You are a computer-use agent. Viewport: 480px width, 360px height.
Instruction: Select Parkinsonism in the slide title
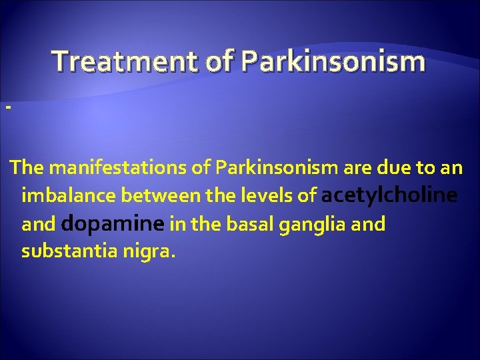(x=333, y=61)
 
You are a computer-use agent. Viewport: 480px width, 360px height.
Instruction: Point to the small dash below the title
(x=7, y=107)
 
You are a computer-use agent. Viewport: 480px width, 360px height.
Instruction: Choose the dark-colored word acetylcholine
(x=390, y=196)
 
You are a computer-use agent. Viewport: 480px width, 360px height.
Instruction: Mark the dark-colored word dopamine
(x=113, y=225)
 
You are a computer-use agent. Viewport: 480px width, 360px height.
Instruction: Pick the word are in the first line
(x=325, y=167)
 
